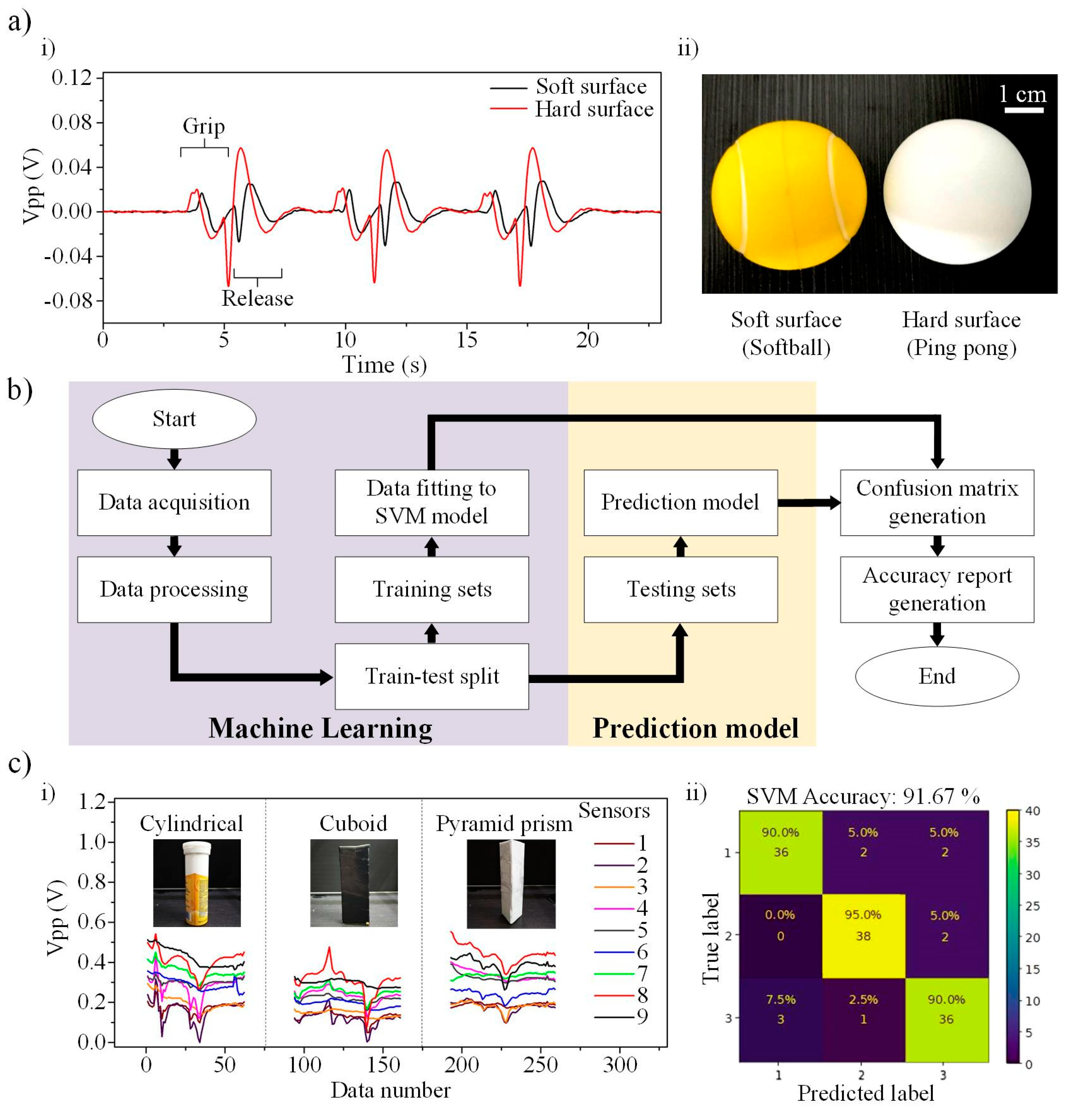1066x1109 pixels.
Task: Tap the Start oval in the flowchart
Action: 174,419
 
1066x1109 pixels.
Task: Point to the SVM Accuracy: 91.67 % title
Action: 863,796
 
